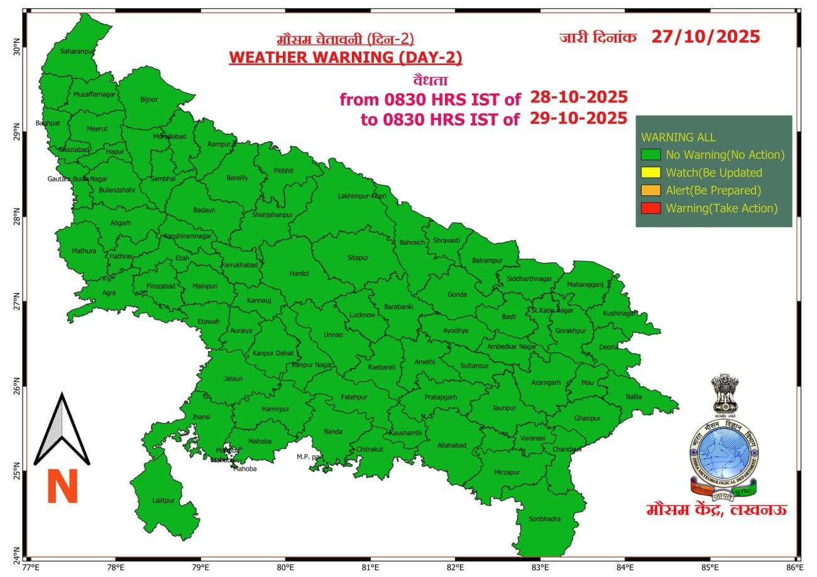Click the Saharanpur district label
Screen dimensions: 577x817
pyautogui.click(x=77, y=51)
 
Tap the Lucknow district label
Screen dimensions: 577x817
pyautogui.click(x=362, y=315)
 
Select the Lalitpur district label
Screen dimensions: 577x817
pyautogui.click(x=163, y=500)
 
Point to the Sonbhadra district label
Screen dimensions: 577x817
pyautogui.click(x=544, y=519)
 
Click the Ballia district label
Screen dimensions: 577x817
pyautogui.click(x=633, y=396)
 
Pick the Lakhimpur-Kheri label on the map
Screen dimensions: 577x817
pyautogui.click(x=362, y=197)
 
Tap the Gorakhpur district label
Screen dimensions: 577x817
pyautogui.click(x=570, y=330)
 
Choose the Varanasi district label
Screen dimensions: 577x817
pyautogui.click(x=533, y=438)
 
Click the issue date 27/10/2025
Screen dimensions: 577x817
pyautogui.click(x=705, y=36)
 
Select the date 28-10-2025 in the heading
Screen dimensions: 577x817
pyautogui.click(x=579, y=97)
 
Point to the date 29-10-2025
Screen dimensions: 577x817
pyautogui.click(x=579, y=118)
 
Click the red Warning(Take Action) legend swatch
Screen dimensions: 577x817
pyautogui.click(x=650, y=208)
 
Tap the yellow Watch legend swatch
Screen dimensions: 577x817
pyautogui.click(x=650, y=173)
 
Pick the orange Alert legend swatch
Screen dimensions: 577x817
pyautogui.click(x=650, y=190)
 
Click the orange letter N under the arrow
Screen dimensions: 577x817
pyautogui.click(x=62, y=487)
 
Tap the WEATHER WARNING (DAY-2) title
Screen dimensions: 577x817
pyautogui.click(x=345, y=58)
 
